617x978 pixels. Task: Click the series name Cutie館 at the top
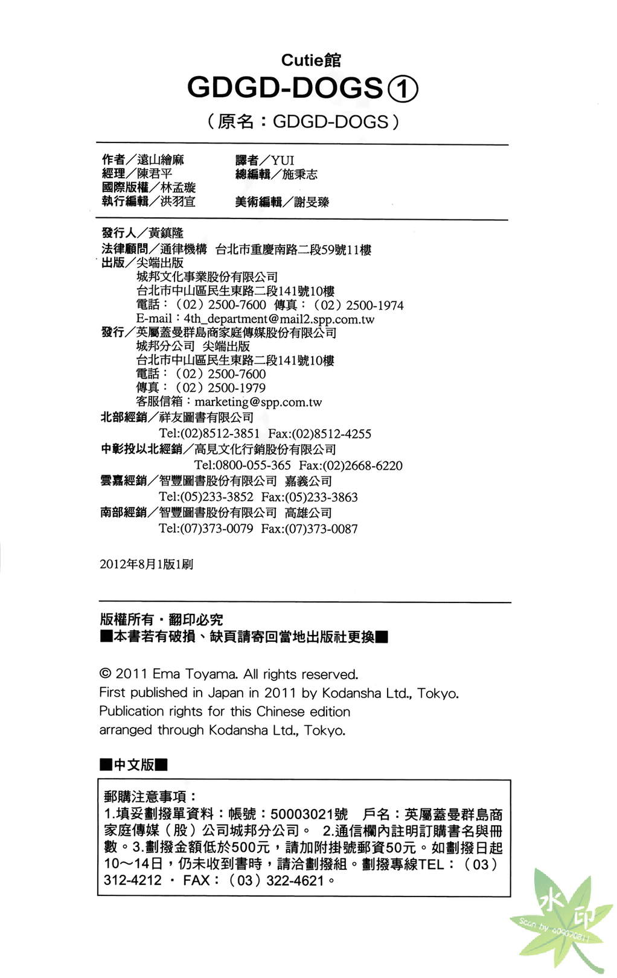point(311,60)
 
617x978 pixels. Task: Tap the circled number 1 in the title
point(402,89)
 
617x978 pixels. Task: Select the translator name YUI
point(283,160)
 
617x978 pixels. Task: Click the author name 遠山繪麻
point(161,159)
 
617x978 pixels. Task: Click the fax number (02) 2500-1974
point(359,305)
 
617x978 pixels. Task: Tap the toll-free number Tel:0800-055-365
point(242,465)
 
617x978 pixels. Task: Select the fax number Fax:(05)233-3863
point(309,497)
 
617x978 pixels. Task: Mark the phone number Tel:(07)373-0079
point(206,529)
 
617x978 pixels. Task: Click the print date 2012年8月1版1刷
point(146,564)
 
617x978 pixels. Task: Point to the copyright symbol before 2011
point(105,674)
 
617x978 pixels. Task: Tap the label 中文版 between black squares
point(134,765)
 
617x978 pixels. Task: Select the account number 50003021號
point(309,815)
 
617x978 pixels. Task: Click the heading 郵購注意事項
point(150,797)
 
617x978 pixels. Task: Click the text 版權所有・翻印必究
point(161,619)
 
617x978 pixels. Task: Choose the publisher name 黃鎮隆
point(166,233)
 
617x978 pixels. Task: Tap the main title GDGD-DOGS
point(285,88)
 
